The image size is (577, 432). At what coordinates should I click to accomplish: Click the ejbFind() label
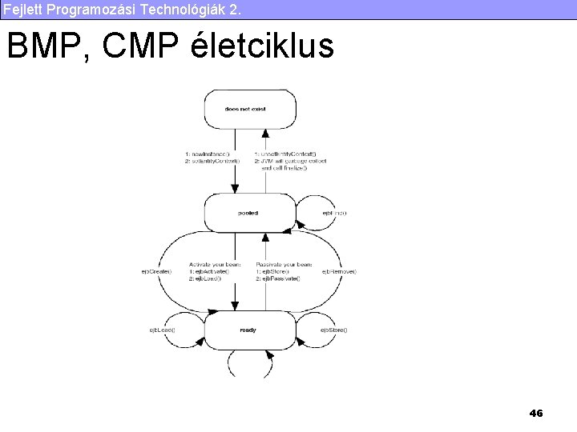(x=334, y=213)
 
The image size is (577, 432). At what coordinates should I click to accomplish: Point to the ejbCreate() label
(x=156, y=271)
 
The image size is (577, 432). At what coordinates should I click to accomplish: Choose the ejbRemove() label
(x=339, y=271)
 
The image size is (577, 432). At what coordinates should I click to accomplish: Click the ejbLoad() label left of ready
(x=162, y=330)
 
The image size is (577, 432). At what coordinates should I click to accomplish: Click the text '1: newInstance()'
(x=208, y=154)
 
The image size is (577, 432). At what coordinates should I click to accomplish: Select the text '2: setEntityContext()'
(x=212, y=161)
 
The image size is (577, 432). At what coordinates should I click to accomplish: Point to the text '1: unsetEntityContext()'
(x=285, y=154)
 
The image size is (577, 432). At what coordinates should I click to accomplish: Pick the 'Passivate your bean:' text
(x=284, y=264)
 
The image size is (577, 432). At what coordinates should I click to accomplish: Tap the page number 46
(x=536, y=413)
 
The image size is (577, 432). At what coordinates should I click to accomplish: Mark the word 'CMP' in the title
(x=139, y=46)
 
